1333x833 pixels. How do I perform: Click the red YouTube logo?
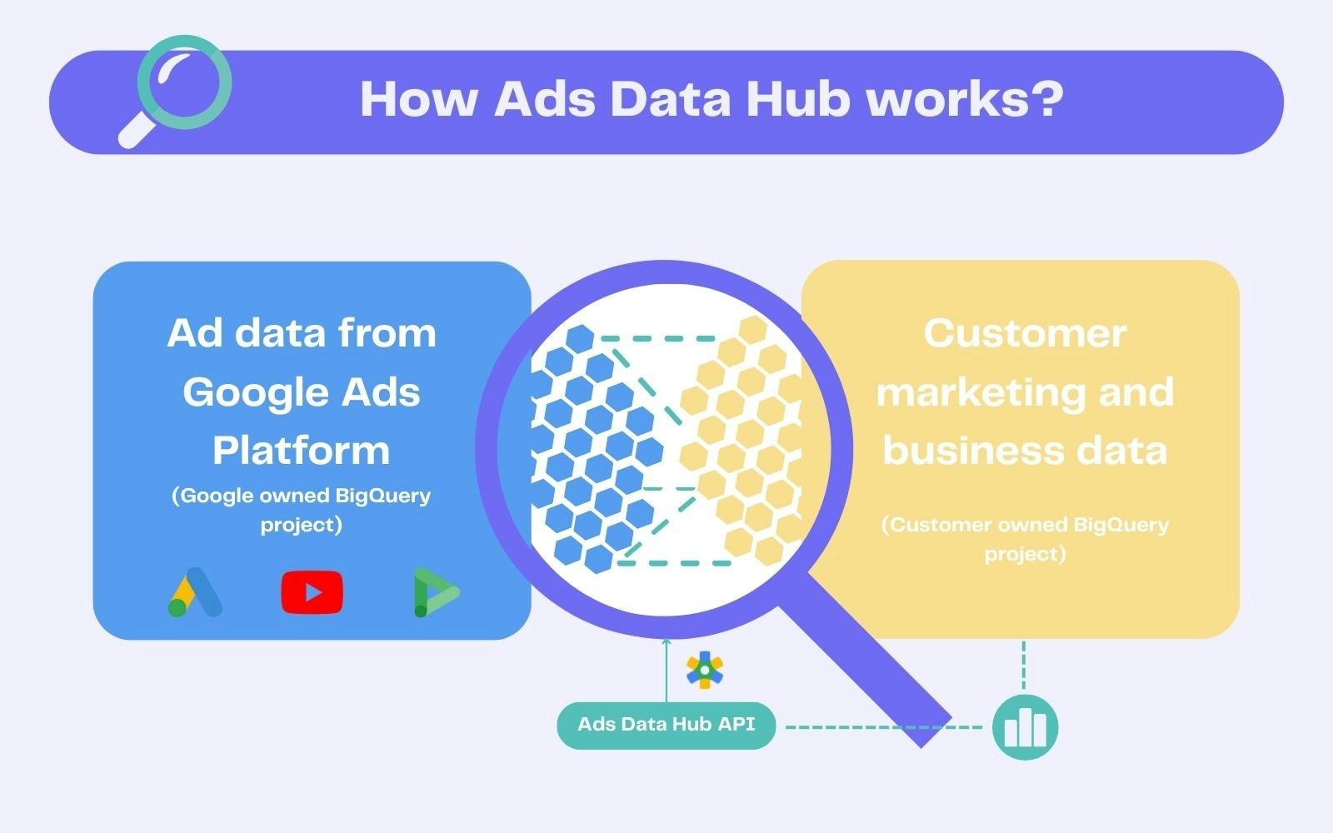click(x=312, y=592)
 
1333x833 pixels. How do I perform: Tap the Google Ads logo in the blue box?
click(x=195, y=592)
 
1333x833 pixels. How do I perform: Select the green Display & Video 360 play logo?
click(x=437, y=592)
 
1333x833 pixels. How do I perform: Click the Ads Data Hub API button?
click(x=666, y=726)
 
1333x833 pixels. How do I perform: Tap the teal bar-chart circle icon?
click(x=1025, y=727)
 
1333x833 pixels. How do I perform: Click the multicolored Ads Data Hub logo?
click(x=705, y=670)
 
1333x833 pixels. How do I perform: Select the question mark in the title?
click(x=1046, y=98)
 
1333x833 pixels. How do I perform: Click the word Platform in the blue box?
click(x=301, y=451)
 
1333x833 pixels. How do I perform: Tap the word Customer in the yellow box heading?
click(x=1025, y=333)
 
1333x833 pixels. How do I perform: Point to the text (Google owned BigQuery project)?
click(x=301, y=510)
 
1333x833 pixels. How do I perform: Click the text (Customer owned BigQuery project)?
click(x=1025, y=539)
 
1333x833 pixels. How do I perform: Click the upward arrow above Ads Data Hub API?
click(x=666, y=670)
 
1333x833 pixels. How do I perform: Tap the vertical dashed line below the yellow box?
click(x=1024, y=665)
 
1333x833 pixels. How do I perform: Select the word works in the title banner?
click(x=946, y=99)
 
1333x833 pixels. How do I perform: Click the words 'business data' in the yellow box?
click(x=1025, y=451)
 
